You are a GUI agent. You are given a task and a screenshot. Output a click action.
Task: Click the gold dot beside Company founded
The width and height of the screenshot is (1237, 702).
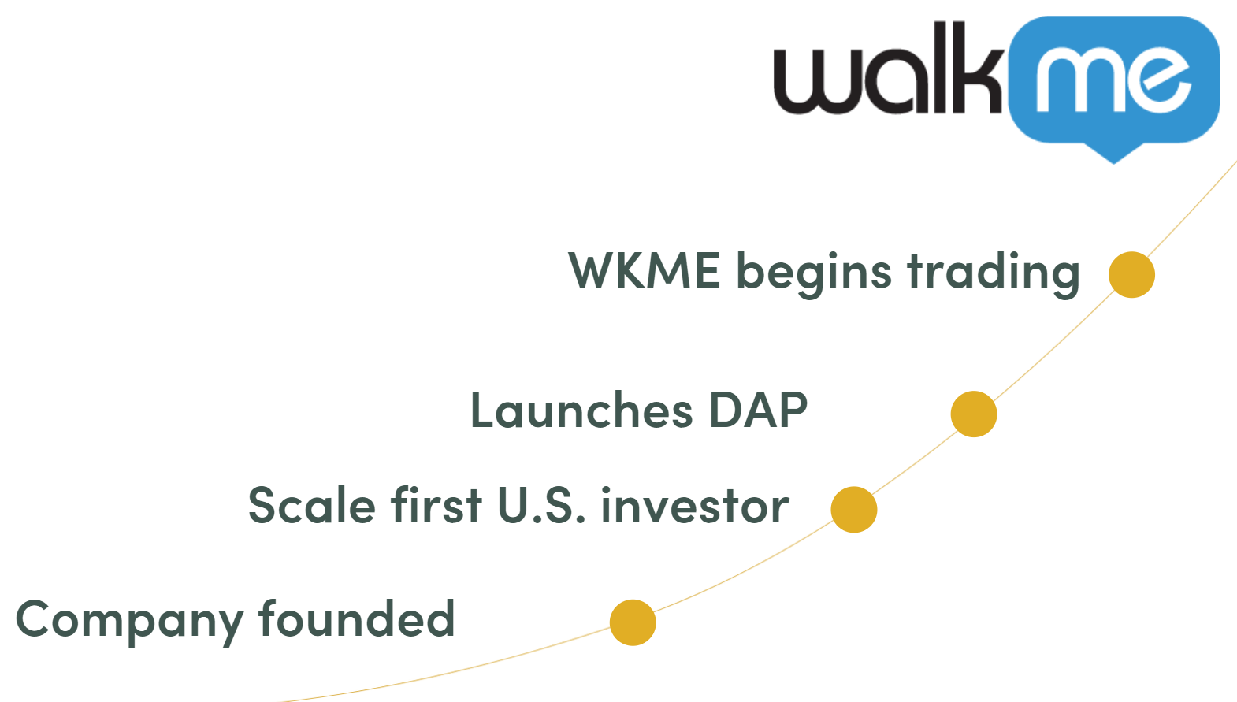click(633, 622)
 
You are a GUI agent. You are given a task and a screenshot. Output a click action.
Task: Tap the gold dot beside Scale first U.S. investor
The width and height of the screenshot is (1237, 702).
click(854, 509)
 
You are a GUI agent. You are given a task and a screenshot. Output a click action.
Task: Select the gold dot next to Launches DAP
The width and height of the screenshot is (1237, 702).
click(974, 414)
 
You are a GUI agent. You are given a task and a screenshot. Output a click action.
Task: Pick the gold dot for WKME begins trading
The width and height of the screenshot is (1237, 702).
click(1131, 274)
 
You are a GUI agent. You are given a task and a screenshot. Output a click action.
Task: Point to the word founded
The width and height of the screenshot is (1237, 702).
click(357, 618)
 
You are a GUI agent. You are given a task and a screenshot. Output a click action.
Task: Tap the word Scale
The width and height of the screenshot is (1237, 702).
click(312, 505)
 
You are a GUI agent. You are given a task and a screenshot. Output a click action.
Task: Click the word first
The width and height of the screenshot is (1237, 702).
click(436, 505)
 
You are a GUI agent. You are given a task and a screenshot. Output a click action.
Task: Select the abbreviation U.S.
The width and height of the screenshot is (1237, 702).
click(541, 505)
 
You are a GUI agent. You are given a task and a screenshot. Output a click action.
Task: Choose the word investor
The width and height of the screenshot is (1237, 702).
click(695, 505)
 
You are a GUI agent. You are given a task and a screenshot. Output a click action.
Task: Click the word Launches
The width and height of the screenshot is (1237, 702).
click(581, 410)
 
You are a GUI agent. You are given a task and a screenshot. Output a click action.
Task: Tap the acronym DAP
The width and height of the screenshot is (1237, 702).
click(758, 410)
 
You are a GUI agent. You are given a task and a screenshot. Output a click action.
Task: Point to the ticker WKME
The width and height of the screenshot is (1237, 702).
click(645, 270)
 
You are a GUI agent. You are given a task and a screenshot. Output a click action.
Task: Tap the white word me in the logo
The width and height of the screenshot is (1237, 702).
click(1113, 79)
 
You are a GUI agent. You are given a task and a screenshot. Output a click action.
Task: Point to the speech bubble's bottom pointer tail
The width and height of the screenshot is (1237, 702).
click(1113, 152)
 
